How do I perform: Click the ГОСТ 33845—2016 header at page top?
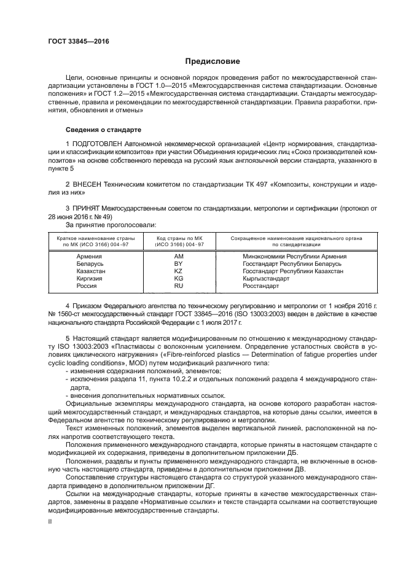pos(78,41)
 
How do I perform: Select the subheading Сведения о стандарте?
pos(103,130)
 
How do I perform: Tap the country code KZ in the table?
pos(178,271)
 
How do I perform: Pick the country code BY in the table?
pos(178,263)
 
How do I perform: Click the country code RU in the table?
pos(178,285)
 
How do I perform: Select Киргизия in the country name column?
pos(89,278)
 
